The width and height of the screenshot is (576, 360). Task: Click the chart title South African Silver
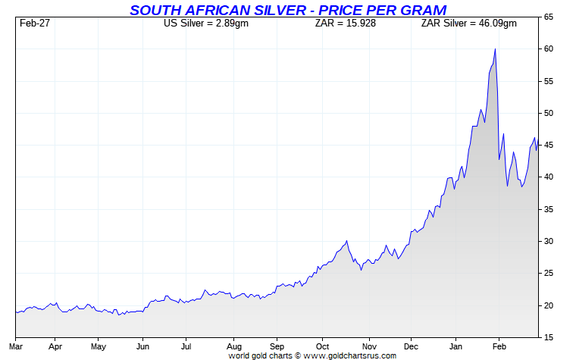287,10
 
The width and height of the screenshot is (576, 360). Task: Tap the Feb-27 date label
34,23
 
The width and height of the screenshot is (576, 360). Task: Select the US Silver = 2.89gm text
206,23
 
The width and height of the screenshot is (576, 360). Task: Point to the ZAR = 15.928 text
346,23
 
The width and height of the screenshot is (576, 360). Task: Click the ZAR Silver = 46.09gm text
468,23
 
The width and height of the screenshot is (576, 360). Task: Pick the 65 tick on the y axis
548,17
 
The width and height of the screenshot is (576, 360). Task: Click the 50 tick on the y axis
548,113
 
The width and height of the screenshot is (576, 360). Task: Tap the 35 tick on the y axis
548,209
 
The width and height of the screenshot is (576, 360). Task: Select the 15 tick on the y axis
548,337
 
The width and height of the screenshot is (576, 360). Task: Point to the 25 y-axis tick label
548,274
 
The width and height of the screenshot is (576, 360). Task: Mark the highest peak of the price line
495,49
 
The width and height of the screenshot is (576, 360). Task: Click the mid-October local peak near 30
346,241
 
